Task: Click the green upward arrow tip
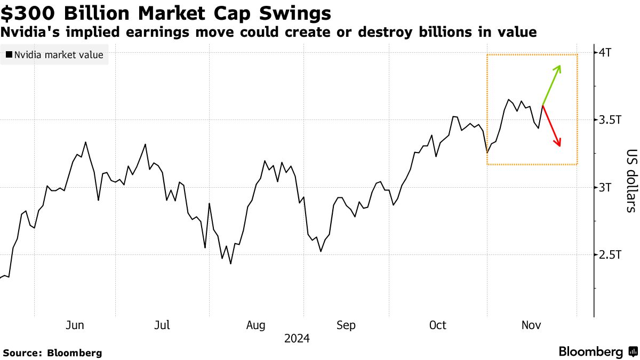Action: (559, 66)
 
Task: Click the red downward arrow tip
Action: (559, 146)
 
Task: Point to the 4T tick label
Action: (607, 52)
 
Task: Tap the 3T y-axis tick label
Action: (607, 187)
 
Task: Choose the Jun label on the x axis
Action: (75, 325)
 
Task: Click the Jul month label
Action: (162, 325)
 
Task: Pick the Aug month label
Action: (257, 325)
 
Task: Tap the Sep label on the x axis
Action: (346, 325)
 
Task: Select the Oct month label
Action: (438, 325)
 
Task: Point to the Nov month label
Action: (531, 325)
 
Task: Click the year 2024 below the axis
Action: (297, 339)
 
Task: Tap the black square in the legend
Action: (9, 54)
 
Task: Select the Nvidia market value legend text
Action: (59, 54)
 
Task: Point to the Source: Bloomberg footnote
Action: (52, 353)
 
